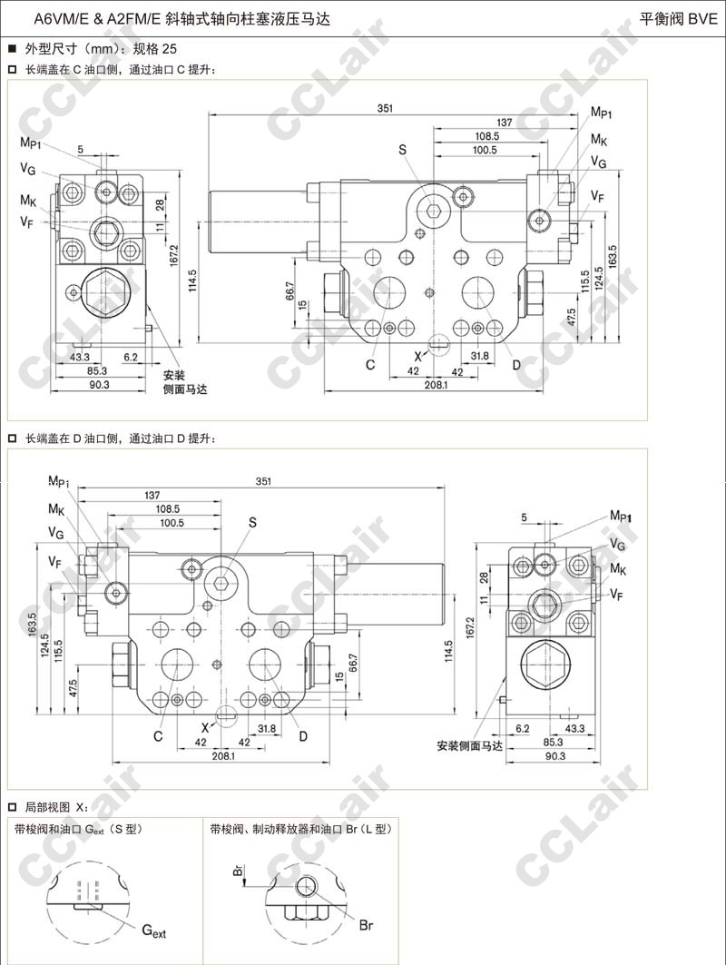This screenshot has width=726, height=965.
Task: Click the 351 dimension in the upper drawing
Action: point(385,109)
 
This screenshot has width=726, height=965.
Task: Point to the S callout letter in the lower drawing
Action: point(253,522)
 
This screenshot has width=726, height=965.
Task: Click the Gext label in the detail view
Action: point(153,931)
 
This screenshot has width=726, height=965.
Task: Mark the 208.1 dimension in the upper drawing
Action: point(437,386)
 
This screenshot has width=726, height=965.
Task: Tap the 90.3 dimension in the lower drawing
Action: point(553,756)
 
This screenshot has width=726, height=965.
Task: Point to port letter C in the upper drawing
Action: point(370,365)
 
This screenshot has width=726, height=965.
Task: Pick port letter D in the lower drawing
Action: point(302,735)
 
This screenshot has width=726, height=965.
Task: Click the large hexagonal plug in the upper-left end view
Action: point(103,292)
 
